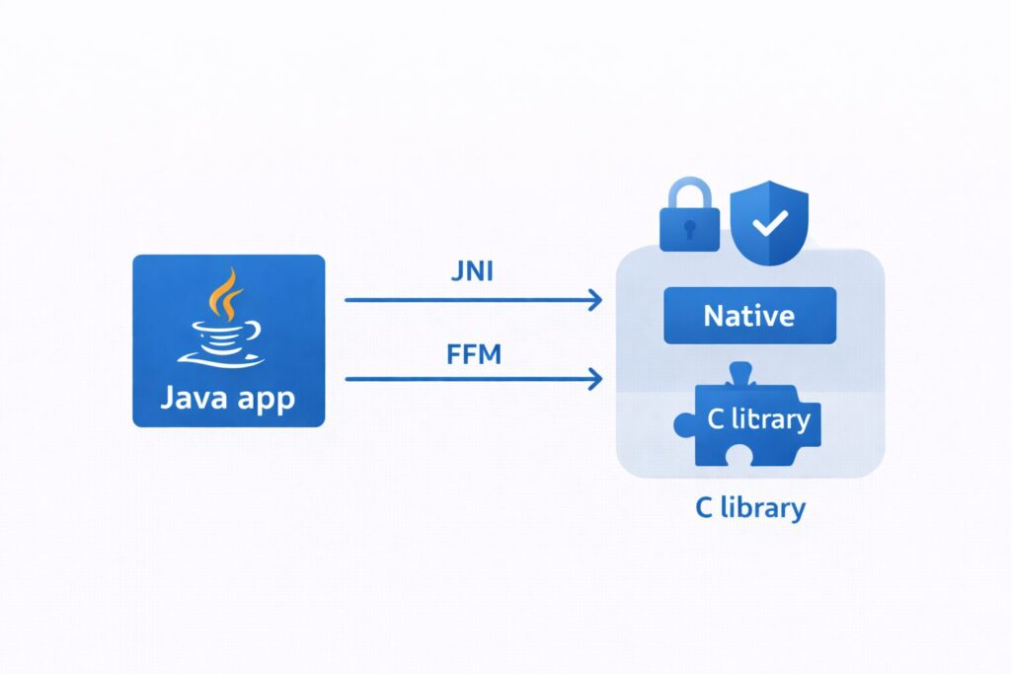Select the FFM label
point(473,352)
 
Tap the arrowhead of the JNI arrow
point(596,300)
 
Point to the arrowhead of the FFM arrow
point(596,378)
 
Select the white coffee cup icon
point(225,336)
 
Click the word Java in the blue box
point(194,401)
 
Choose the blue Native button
point(749,316)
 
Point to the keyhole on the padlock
point(688,226)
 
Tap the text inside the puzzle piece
point(758,419)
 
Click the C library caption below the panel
point(748,508)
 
